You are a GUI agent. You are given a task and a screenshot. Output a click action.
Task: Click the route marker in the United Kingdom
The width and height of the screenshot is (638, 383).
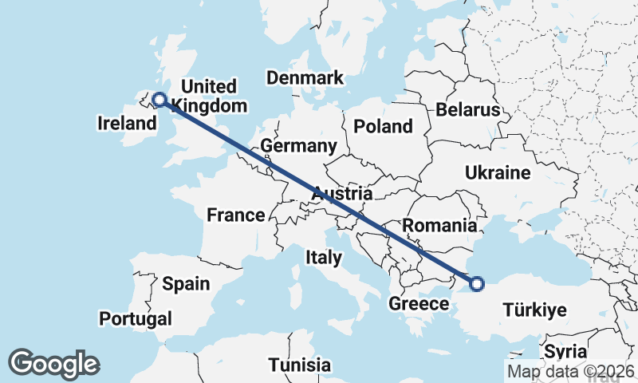point(159,100)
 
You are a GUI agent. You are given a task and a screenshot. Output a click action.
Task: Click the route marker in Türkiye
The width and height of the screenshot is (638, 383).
point(477,283)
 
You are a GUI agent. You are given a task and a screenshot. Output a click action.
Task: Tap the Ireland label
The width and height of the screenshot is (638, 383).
point(126,124)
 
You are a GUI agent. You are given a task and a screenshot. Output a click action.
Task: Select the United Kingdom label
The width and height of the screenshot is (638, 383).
point(209,96)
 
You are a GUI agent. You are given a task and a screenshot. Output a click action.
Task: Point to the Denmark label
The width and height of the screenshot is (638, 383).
point(305,77)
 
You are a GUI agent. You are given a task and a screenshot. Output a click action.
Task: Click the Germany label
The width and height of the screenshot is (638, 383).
point(299,146)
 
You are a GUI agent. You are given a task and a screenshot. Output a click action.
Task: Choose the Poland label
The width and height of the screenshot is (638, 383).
point(384,126)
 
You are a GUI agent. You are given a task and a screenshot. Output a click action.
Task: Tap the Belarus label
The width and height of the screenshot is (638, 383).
point(467,109)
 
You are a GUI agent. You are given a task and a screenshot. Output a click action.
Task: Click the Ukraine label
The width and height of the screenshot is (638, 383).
point(498,173)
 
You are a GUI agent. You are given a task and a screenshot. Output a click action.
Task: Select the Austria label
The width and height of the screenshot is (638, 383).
point(342,194)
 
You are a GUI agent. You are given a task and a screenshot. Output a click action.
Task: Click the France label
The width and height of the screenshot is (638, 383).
point(235,215)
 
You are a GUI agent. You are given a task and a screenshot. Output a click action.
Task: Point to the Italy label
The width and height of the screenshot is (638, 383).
point(324,257)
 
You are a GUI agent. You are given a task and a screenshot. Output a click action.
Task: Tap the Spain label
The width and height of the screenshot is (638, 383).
point(186,283)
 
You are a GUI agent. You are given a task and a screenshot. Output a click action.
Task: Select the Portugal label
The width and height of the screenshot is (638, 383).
point(136,319)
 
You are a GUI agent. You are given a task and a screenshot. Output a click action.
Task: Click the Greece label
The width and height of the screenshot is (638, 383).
point(419,304)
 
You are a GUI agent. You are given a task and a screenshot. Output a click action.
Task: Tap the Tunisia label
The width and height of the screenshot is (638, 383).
point(299,365)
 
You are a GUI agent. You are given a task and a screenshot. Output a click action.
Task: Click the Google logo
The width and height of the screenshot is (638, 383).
point(53,364)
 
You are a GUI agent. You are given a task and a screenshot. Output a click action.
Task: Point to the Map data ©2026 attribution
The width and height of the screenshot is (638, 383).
point(571,371)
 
